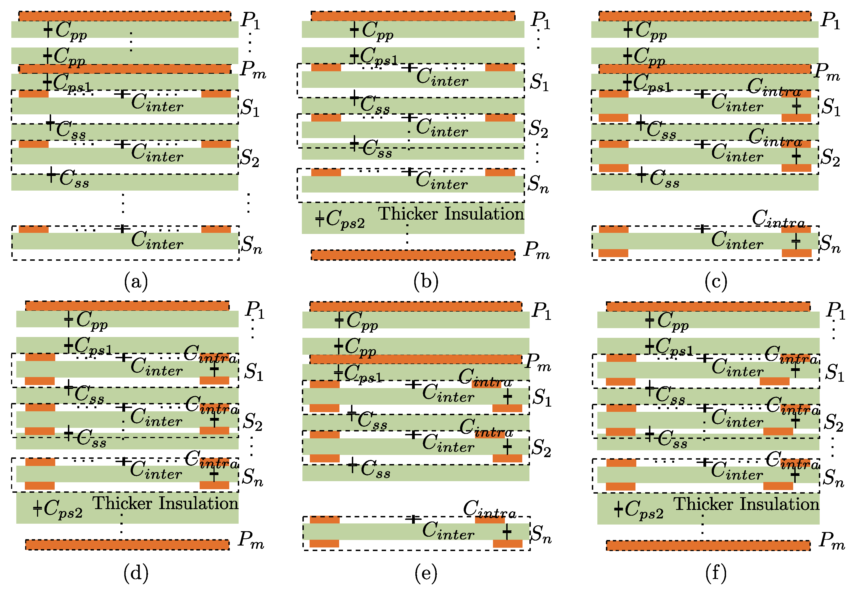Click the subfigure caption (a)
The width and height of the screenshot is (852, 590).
click(136, 282)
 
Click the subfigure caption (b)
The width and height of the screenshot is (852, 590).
click(426, 282)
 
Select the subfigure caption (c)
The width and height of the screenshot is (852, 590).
click(716, 282)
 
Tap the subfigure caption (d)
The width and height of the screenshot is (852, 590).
click(136, 573)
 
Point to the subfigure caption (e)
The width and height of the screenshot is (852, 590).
click(426, 573)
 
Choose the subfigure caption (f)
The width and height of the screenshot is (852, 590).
click(716, 573)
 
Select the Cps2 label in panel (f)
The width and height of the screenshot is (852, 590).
click(643, 510)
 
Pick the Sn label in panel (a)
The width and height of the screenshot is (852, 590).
click(251, 244)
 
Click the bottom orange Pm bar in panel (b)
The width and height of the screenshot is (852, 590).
click(413, 255)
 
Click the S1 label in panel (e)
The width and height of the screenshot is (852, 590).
click(542, 398)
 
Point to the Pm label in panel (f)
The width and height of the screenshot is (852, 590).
click(832, 541)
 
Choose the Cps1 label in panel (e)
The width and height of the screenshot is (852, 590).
click(363, 373)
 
